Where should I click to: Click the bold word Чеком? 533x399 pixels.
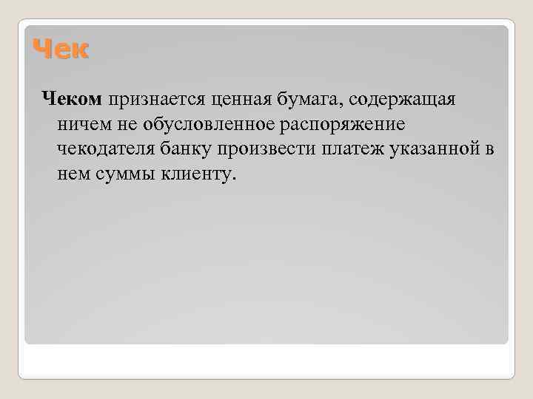pos(73,98)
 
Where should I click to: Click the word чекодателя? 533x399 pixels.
pos(102,150)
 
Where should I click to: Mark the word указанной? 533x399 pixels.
pos(429,150)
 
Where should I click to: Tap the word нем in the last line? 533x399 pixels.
pos(71,176)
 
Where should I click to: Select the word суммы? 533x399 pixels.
pos(121,176)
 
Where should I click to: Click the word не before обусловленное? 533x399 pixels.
pos(118,124)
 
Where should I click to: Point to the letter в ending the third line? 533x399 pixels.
pos(489,150)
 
